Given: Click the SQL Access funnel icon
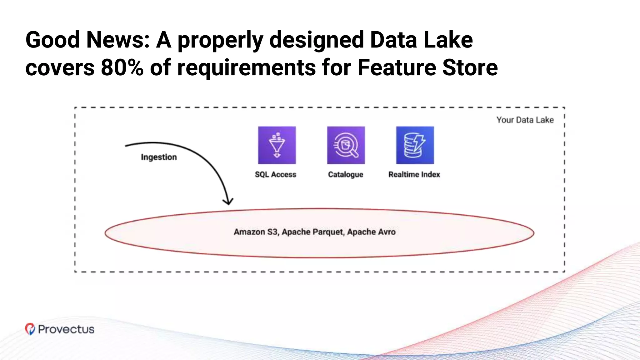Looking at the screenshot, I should click(277, 145).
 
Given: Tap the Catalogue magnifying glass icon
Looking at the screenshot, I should click(346, 145).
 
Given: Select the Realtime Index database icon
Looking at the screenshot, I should click(415, 145).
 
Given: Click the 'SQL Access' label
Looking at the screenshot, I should click(275, 174).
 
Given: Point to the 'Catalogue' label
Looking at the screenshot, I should click(346, 174).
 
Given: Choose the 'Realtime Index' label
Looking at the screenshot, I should click(414, 174).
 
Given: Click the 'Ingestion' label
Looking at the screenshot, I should click(159, 157).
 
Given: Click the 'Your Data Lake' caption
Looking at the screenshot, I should click(525, 120).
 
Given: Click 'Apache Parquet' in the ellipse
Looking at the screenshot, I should click(313, 232).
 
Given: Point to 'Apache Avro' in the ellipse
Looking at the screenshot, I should click(371, 232).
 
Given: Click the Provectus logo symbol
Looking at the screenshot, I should click(30, 329).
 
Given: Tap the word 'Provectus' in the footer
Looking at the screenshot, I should click(66, 329).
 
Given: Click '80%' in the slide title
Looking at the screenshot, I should click(122, 67).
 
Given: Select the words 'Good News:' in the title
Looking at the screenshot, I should click(88, 40).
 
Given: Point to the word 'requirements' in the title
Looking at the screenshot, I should click(247, 67).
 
